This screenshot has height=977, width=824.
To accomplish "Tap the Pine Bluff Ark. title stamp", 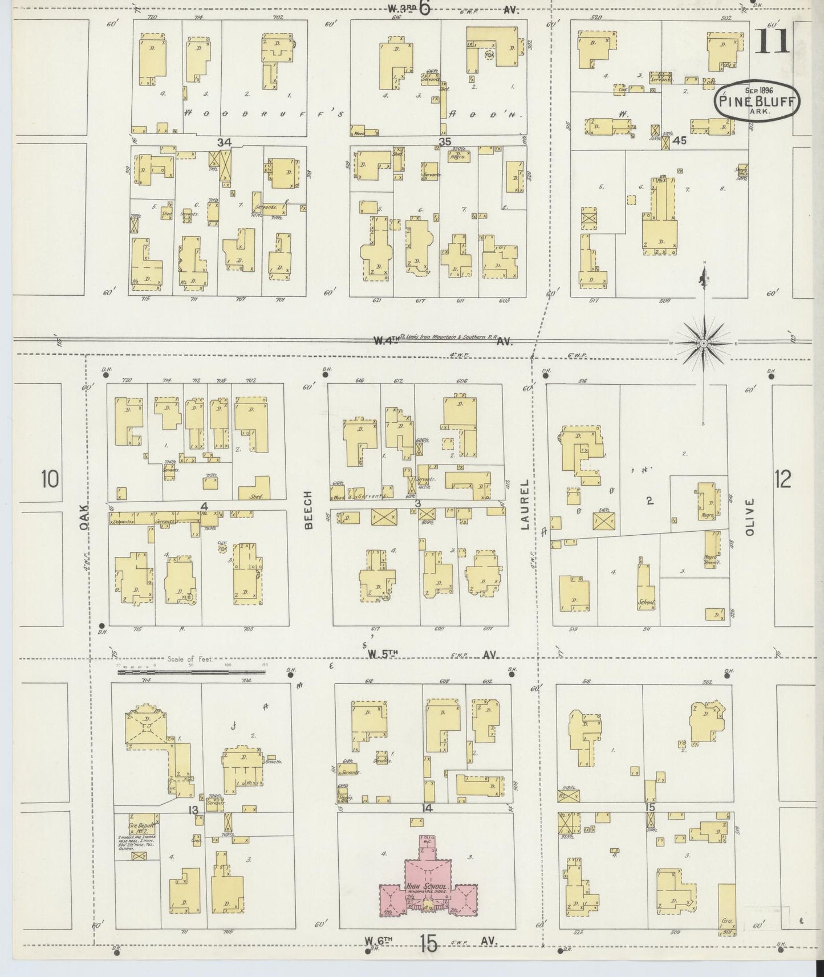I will (757, 100).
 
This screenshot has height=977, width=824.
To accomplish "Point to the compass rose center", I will (703, 344).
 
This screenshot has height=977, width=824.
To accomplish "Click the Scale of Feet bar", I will (192, 673).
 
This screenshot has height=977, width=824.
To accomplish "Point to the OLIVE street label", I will (749, 517).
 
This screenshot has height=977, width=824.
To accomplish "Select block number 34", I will (224, 141).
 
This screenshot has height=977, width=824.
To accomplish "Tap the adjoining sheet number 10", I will (50, 479).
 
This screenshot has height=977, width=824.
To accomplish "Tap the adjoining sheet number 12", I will (783, 479).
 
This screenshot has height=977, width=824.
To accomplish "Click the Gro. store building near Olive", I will (726, 921).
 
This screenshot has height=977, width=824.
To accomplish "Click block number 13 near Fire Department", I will (194, 810).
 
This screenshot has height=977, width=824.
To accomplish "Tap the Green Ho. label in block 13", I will (274, 762).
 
